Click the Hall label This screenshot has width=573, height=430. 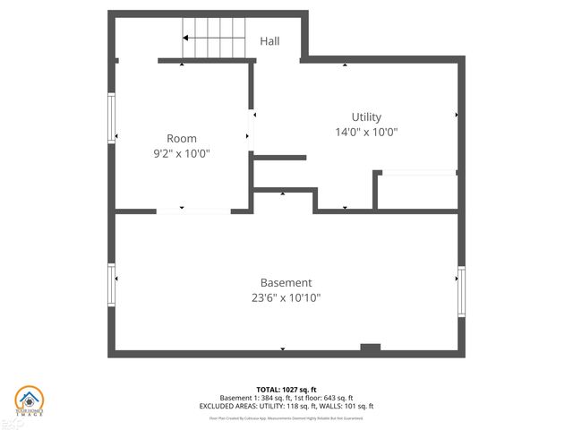(x=269, y=41)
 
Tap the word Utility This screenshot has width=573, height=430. (x=366, y=117)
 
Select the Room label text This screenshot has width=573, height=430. (x=182, y=139)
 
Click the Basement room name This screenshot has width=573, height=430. (x=286, y=283)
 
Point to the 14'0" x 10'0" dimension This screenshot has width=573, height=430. (x=366, y=132)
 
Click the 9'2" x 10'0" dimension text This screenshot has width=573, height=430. (x=182, y=153)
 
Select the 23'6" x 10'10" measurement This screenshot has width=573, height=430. (x=286, y=298)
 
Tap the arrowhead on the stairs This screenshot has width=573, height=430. (x=185, y=39)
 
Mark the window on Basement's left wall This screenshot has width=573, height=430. (x=113, y=285)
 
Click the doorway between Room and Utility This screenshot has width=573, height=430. (x=252, y=131)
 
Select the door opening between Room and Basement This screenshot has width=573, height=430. (x=194, y=211)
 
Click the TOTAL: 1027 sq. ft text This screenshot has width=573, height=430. (x=286, y=390)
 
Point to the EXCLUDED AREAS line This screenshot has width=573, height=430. (x=286, y=406)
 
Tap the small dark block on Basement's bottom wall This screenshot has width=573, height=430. (x=370, y=348)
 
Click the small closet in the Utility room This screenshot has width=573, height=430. (x=416, y=191)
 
